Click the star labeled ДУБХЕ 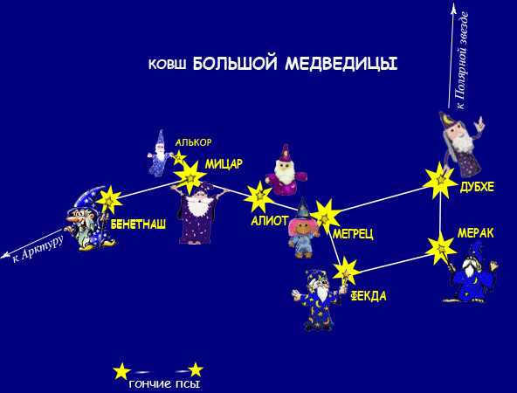point(440,181)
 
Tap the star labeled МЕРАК point(440,248)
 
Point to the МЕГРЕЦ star point(326,217)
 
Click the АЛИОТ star point(259,196)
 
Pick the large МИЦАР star point(190,177)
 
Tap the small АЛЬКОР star point(179,158)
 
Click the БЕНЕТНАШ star point(109,199)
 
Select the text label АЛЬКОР point(193,142)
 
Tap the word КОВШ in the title point(167,65)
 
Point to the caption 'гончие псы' point(164,383)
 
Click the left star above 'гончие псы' point(121,371)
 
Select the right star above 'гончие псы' point(196,370)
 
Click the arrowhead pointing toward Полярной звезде point(454,8)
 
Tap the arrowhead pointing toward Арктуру point(5,255)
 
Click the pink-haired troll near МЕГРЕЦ point(303,228)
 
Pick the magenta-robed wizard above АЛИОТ point(286,170)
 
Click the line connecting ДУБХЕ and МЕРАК point(440,214)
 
